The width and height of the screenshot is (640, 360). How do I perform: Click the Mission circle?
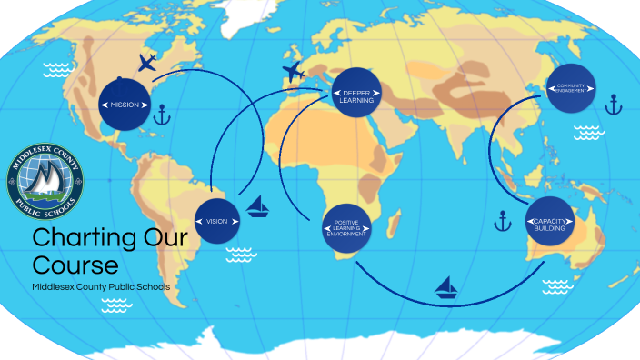click(125, 105)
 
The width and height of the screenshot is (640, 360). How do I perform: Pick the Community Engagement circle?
click(571, 88)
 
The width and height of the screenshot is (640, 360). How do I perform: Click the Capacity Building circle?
click(550, 224)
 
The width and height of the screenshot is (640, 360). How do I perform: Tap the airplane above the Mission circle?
click(147, 63)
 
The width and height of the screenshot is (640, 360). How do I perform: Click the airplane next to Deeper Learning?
click(293, 71)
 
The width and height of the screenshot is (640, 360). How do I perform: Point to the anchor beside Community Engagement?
click(613, 105)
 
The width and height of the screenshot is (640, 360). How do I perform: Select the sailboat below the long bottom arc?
click(445, 288)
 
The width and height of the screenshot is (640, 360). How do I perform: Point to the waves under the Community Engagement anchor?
click(589, 130)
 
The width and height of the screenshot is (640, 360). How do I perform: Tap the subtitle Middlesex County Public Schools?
click(100, 287)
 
